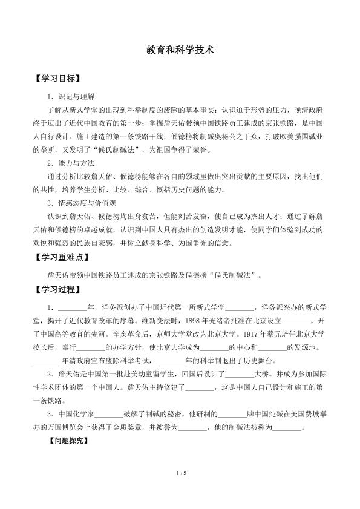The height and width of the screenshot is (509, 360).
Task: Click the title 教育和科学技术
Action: tap(180, 52)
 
